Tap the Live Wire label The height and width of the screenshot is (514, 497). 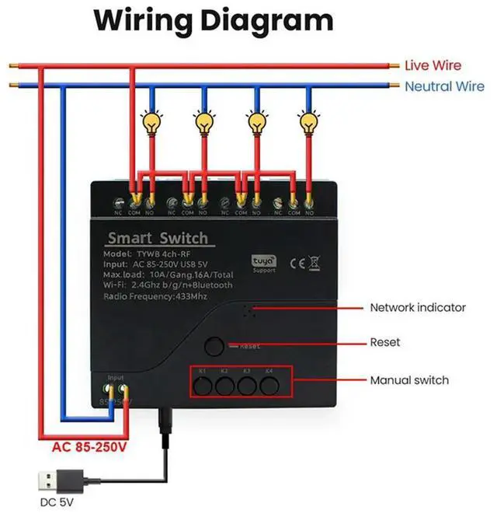point(433,66)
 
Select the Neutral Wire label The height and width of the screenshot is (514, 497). point(443,86)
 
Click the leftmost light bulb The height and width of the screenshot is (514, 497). point(151,122)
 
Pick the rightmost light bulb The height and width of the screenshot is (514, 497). point(309,122)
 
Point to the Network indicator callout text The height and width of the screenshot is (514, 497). point(417,307)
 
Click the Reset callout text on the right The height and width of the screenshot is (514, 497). point(385,342)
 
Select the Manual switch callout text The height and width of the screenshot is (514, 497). point(408,380)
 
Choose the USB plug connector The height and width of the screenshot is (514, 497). point(57,477)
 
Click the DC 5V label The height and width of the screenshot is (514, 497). point(56,502)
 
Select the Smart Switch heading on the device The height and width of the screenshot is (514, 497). point(158,238)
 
